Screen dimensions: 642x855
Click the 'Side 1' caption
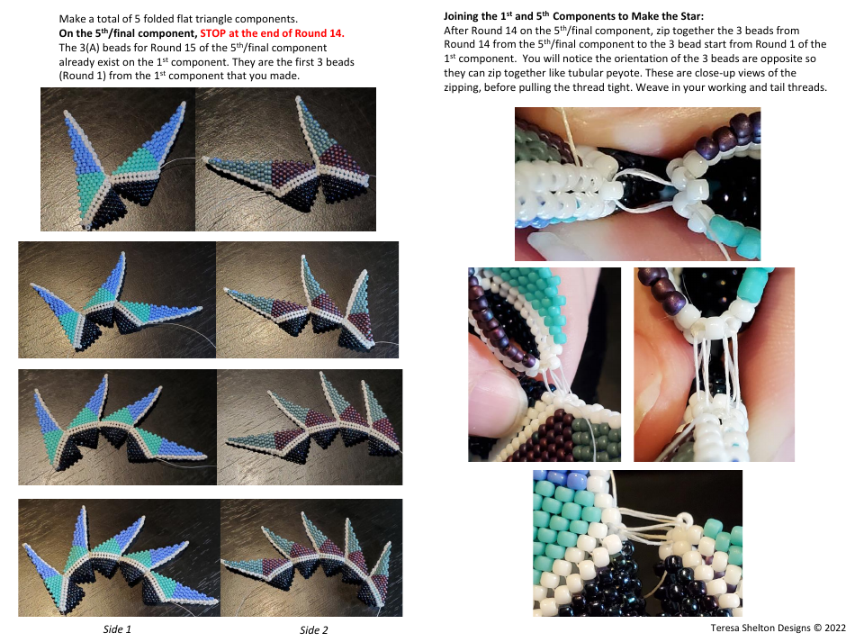point(117,629)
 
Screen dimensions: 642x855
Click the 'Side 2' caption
point(314,630)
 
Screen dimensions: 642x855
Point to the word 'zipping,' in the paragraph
point(468,87)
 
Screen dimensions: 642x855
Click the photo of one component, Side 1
point(118,159)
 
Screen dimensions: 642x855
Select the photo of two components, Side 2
point(307,299)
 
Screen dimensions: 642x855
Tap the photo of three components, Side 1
point(117,427)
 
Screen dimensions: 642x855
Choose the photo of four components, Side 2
point(309,556)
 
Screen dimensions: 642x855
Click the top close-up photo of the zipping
point(637,184)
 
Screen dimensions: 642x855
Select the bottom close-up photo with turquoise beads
point(637,542)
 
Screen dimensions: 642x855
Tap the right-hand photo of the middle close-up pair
point(714,364)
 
